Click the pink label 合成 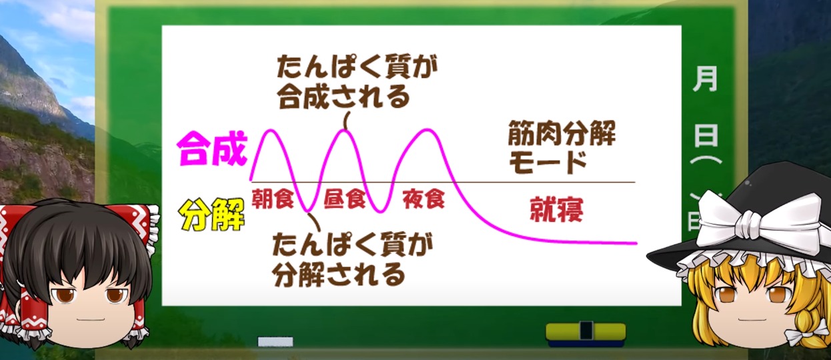click(212, 149)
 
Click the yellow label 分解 click(212, 215)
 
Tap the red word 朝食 click(273, 199)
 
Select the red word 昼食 click(345, 199)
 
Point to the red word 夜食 click(424, 199)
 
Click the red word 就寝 click(556, 209)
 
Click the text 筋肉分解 click(562, 133)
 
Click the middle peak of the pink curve click(345, 130)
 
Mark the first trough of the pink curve click(307, 212)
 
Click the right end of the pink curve click(636, 243)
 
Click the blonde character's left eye click(728, 295)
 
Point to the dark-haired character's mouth click(91, 319)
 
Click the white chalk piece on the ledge click(275, 341)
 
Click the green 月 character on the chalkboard click(705, 79)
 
